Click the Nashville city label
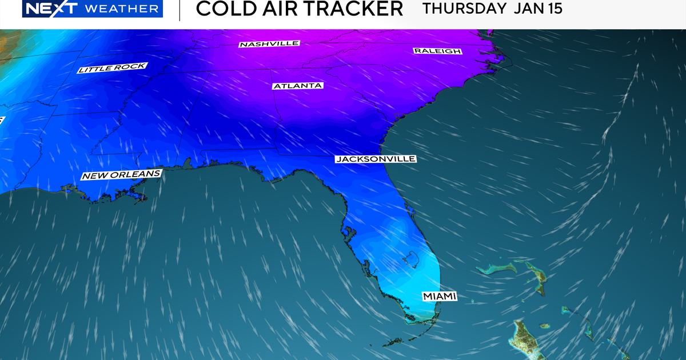tap(269, 44)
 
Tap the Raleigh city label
tap(437, 51)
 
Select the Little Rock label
tap(111, 69)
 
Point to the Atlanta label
tap(297, 86)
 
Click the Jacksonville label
tap(375, 159)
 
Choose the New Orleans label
tap(121, 174)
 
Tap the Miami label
tap(440, 296)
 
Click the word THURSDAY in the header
tap(463, 9)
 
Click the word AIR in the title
tap(272, 9)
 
